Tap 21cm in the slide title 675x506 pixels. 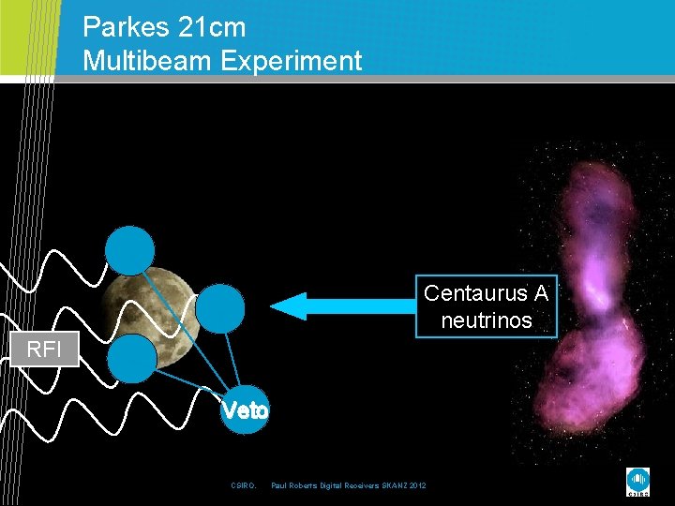tap(216, 25)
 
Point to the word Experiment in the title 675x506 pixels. tap(291, 61)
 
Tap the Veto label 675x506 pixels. tap(244, 410)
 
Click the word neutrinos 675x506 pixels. tap(487, 320)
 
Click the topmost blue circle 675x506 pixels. tap(128, 250)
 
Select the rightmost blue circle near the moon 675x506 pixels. tap(220, 308)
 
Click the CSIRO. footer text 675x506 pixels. tap(243, 485)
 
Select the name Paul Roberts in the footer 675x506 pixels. tap(293, 485)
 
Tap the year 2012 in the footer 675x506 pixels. tap(416, 485)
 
